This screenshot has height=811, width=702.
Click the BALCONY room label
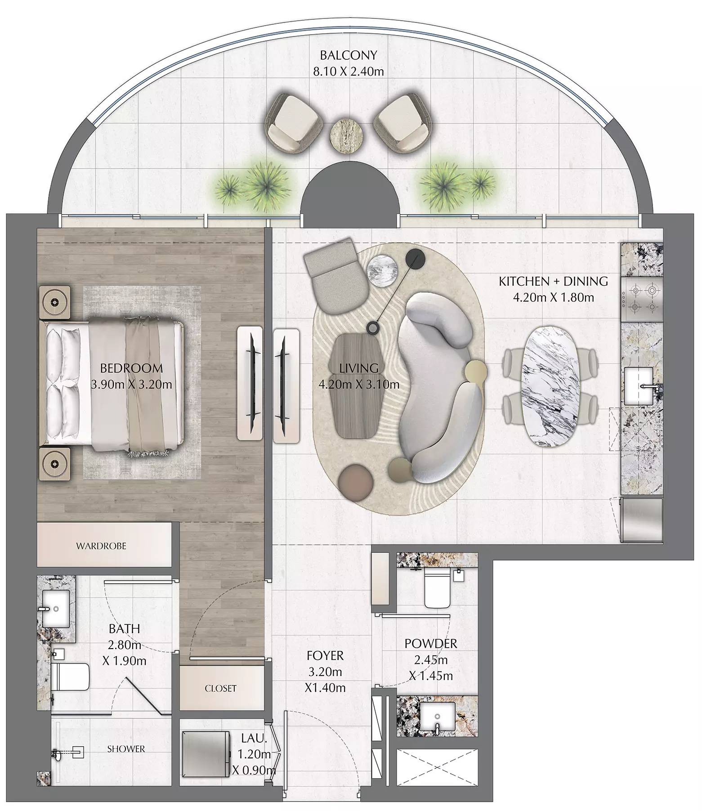pyautogui.click(x=348, y=55)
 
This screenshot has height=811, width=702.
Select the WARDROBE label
pyautogui.click(x=101, y=546)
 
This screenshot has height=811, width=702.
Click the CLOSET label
pyautogui.click(x=220, y=688)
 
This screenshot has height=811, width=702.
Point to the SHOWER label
pyautogui.click(x=126, y=749)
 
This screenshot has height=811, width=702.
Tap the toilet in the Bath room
pyautogui.click(x=70, y=677)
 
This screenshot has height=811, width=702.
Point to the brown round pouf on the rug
pyautogui.click(x=357, y=480)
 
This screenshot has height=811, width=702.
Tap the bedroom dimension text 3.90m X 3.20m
pyautogui.click(x=131, y=385)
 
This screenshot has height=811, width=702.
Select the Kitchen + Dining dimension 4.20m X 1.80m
pyautogui.click(x=553, y=297)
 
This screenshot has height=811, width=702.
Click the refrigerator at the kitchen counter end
pyautogui.click(x=642, y=520)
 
